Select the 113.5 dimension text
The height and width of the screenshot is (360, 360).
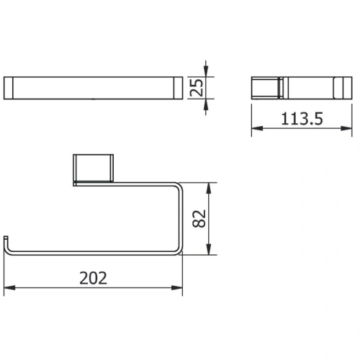(302, 119)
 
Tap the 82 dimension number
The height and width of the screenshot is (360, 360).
(199, 218)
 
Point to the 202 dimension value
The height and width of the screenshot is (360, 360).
(93, 278)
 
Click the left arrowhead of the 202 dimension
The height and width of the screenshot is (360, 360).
(9, 287)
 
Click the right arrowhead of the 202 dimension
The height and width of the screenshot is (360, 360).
(177, 287)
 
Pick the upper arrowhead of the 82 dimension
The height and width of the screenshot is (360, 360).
(209, 189)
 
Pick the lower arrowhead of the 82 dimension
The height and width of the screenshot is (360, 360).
(209, 249)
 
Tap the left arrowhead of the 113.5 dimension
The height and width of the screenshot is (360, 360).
(257, 128)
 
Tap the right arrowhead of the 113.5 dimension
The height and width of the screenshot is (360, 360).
(346, 128)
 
